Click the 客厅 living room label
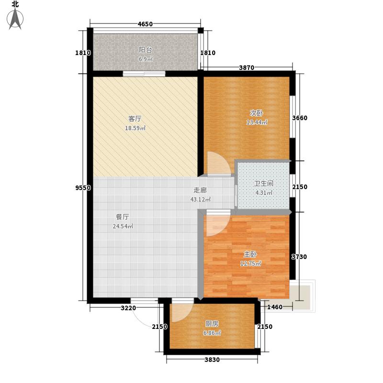pos(135,118)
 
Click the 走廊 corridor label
pos(200,190)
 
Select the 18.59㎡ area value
pos(135,128)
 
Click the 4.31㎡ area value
pos(263,193)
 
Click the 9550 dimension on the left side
pos(83,188)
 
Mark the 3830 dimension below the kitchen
pos(212,360)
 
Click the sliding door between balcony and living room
pos(144,74)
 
